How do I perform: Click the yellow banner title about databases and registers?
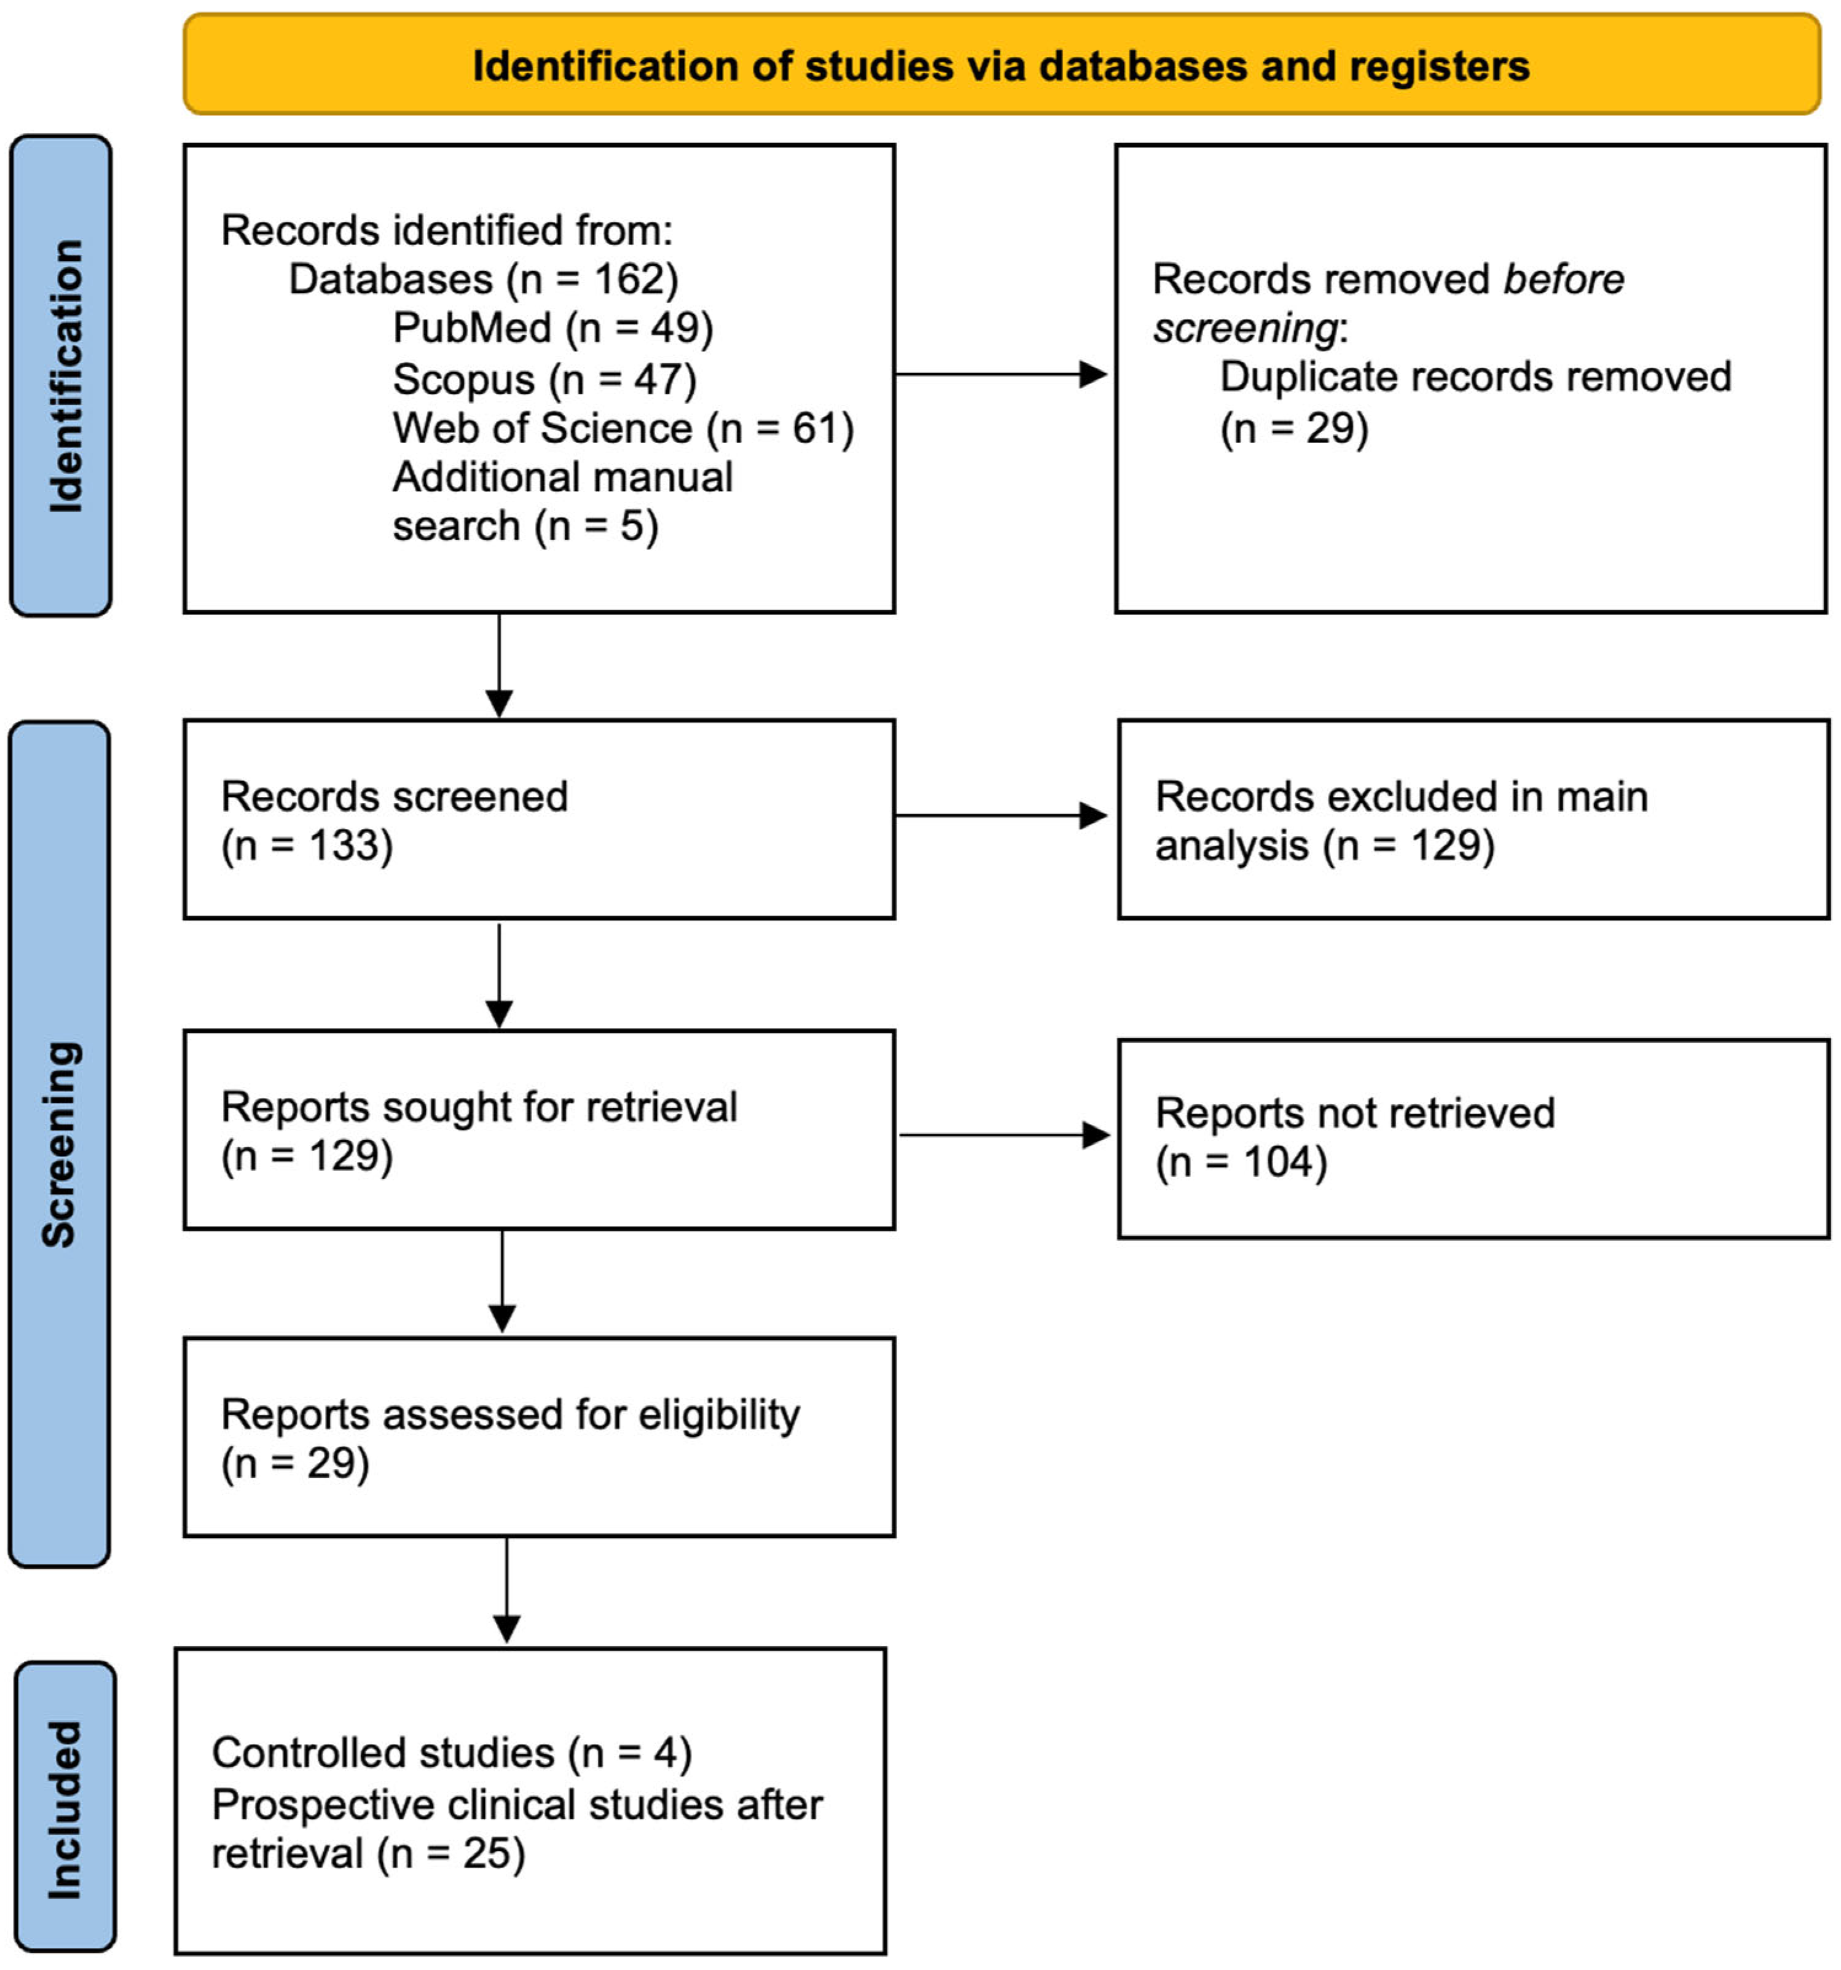pos(1001,65)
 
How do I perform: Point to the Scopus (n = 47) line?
pos(544,379)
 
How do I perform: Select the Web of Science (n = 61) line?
pos(622,428)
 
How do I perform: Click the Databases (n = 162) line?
pos(482,280)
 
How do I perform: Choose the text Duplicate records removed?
pos(1474,377)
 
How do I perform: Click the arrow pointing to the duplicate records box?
pos(1001,375)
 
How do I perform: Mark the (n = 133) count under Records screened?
pos(307,846)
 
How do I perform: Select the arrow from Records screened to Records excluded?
pos(1001,815)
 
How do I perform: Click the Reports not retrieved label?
pos(1354,1113)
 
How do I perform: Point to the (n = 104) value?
pos(1241,1161)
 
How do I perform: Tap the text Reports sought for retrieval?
pos(479,1107)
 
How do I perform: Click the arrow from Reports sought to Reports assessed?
pos(503,1282)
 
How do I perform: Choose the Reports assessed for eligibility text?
pos(509,1414)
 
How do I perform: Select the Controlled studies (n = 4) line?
pos(451,1753)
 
